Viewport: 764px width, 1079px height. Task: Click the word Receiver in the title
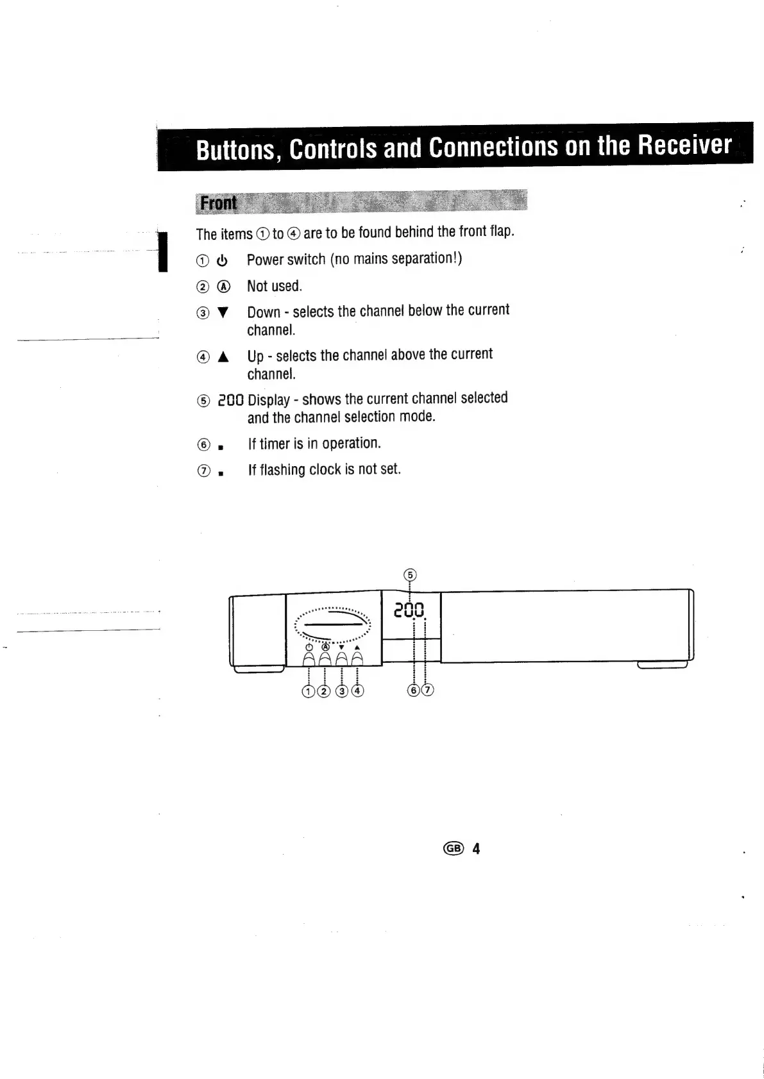point(684,146)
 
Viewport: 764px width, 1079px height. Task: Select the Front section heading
point(218,203)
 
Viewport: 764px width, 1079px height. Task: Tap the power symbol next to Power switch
point(222,261)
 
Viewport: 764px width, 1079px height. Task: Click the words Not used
point(274,286)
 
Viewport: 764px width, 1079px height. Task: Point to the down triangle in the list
point(222,314)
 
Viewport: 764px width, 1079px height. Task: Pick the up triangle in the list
point(223,358)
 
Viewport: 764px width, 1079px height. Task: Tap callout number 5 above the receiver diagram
point(411,574)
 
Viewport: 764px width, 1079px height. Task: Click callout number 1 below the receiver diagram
point(309,690)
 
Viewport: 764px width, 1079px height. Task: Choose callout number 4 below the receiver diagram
point(357,690)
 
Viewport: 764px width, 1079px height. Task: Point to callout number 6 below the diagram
point(414,690)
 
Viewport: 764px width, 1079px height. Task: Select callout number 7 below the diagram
point(427,690)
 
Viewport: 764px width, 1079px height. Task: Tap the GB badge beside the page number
point(453,849)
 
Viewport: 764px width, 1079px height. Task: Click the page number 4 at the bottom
point(476,849)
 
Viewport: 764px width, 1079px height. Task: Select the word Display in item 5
point(269,400)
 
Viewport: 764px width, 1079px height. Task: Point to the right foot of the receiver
point(662,665)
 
